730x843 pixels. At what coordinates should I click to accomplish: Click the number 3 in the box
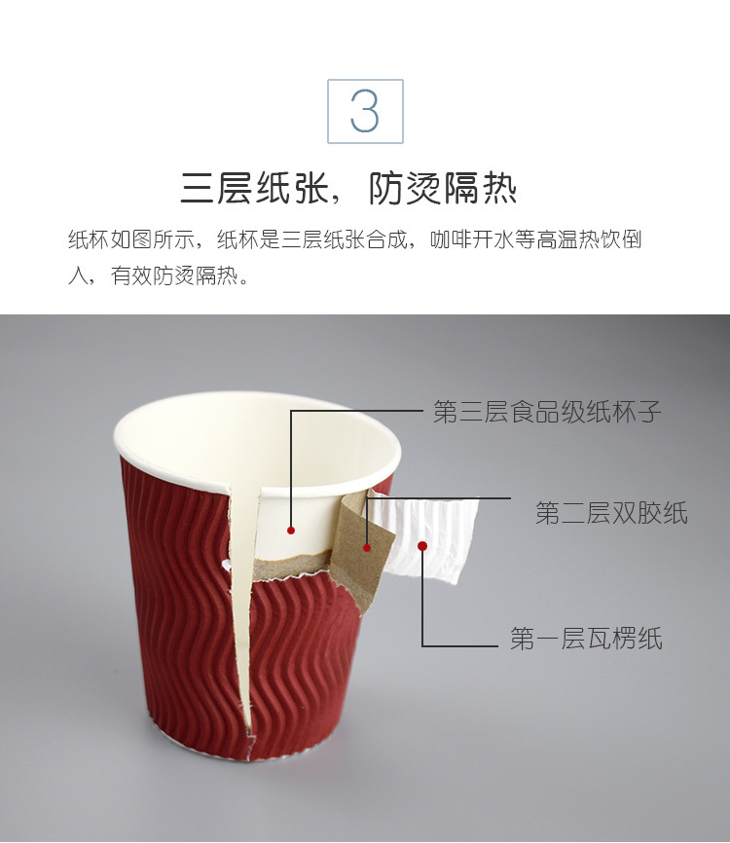[x=364, y=112]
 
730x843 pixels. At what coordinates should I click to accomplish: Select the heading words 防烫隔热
[x=442, y=189]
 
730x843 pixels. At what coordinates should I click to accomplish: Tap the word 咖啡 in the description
[x=449, y=240]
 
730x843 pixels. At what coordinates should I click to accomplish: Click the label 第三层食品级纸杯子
[x=547, y=412]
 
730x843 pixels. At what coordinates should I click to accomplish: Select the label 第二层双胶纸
[x=611, y=513]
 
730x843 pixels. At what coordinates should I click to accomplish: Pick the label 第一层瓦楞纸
[x=586, y=640]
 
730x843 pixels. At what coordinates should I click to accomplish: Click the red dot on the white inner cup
[x=290, y=531]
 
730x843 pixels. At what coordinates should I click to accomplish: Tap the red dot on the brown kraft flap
[x=367, y=548]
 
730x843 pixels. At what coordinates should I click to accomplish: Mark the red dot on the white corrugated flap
[x=422, y=545]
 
